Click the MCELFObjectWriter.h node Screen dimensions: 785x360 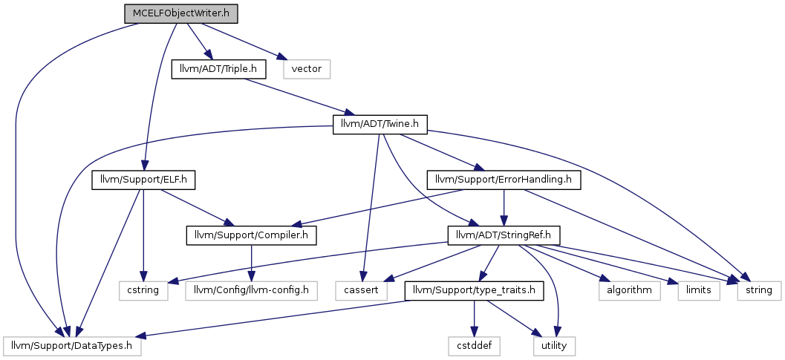[180, 13]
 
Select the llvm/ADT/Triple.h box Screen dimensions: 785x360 [219, 69]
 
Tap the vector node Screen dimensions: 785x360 [307, 69]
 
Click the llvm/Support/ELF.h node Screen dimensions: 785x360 [143, 180]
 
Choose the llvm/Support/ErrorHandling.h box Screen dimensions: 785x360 [504, 180]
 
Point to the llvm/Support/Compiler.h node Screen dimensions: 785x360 [251, 236]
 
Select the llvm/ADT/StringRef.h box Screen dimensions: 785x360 [504, 236]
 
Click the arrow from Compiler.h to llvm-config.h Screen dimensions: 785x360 [251, 264]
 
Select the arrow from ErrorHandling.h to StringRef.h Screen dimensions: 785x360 [504, 209]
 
